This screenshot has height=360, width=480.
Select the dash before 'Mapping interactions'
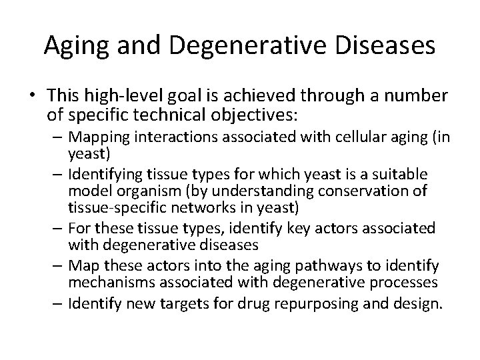54,139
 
